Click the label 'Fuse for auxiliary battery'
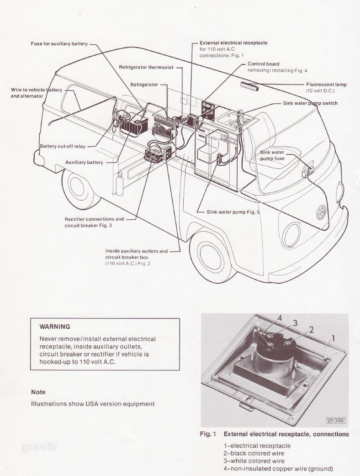pyautogui.click(x=59, y=43)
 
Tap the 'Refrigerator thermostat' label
pyautogui.click(x=146, y=67)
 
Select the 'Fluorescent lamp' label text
pyautogui.click(x=326, y=85)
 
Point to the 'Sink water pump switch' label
pyautogui.click(x=310, y=103)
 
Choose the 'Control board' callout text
pyautogui.click(x=263, y=64)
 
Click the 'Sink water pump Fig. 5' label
pyautogui.click(x=233, y=212)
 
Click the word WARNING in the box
pyautogui.click(x=55, y=327)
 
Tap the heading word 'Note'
pyautogui.click(x=38, y=392)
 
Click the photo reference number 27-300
pyautogui.click(x=335, y=420)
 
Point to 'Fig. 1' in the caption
pyautogui.click(x=208, y=434)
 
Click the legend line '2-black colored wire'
pyautogui.click(x=254, y=454)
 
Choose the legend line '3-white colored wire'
pyautogui.click(x=254, y=461)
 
